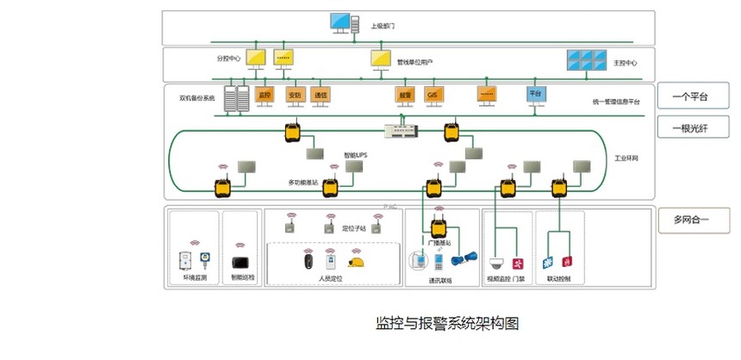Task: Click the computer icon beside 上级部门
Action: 343,23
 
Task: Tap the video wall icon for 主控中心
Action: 586,59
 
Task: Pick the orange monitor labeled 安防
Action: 294,94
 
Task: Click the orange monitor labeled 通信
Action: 321,94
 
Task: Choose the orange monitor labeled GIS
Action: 433,94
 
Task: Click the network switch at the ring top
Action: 402,129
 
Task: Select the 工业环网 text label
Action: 628,159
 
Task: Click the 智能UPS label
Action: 355,155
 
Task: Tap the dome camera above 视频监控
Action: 496,263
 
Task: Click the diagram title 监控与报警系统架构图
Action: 447,324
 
